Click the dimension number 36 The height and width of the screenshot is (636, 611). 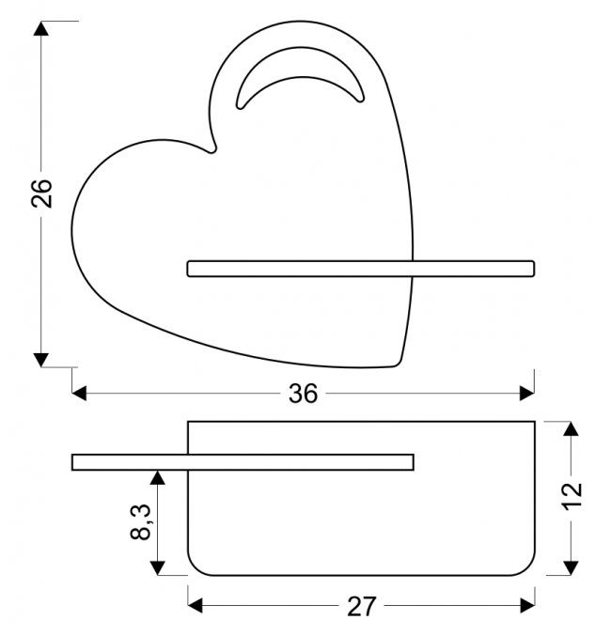click(x=303, y=394)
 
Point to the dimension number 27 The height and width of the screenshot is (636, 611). click(x=361, y=606)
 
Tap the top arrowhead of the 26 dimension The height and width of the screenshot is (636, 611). click(x=40, y=28)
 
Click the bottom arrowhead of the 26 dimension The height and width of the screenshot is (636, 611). click(x=40, y=358)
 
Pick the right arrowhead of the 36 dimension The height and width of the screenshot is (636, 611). click(x=526, y=393)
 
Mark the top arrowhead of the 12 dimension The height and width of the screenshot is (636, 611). click(x=570, y=429)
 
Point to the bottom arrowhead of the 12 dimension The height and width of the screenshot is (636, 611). click(x=570, y=566)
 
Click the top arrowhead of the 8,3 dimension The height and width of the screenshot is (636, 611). click(x=158, y=477)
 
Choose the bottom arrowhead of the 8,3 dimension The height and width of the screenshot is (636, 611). click(x=158, y=566)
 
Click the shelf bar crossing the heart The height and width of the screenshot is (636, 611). click(x=361, y=269)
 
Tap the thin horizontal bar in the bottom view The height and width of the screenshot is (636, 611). click(x=243, y=461)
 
